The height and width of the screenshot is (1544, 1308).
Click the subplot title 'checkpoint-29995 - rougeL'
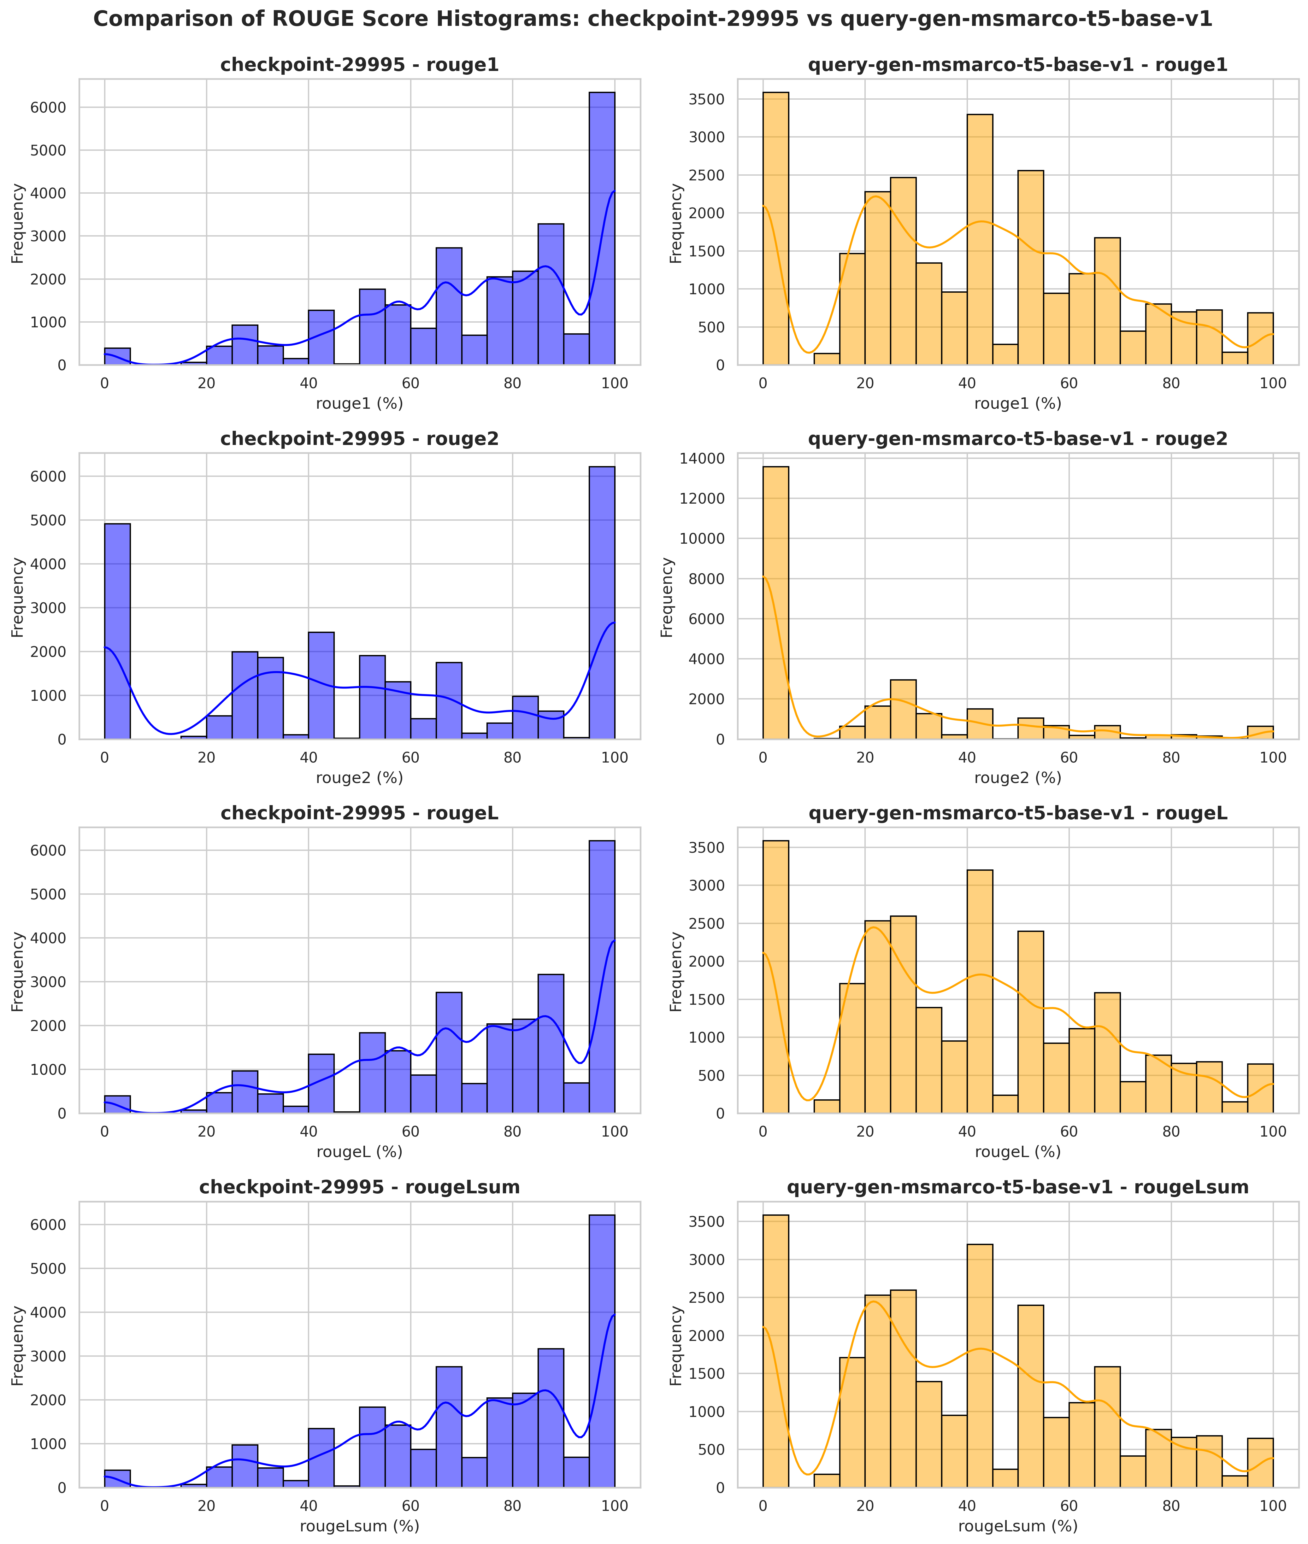360,813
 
